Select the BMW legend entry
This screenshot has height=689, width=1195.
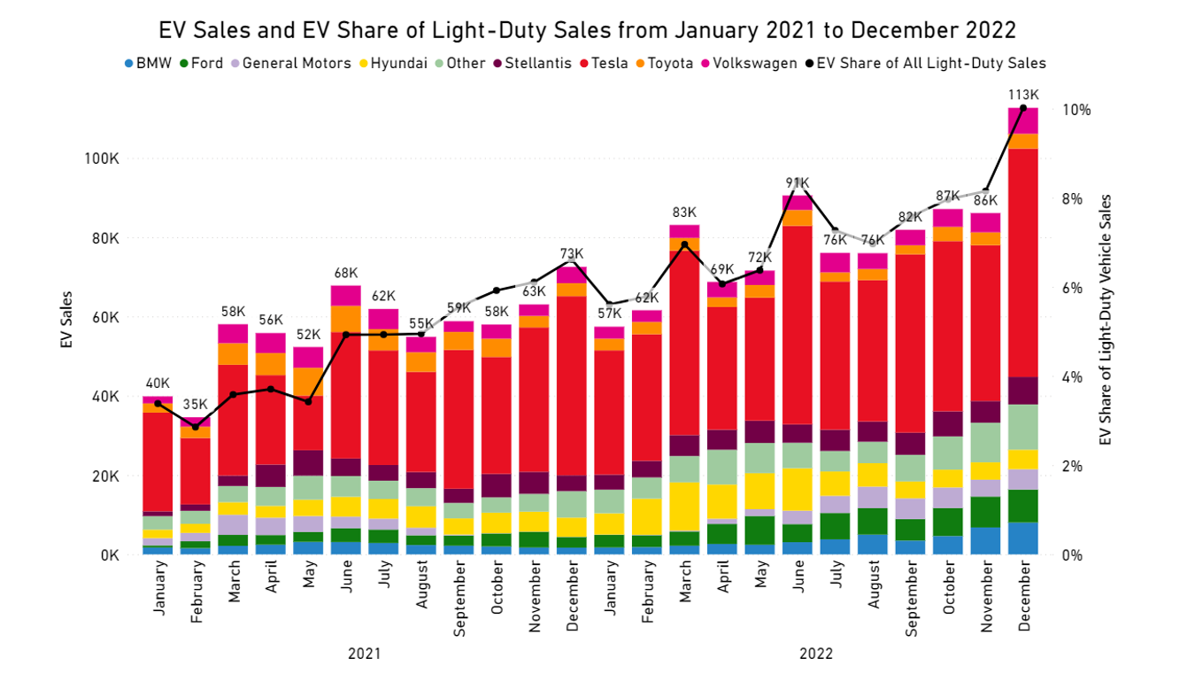(148, 64)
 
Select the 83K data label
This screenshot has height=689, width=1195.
(684, 213)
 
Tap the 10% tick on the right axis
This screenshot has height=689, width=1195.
(1076, 110)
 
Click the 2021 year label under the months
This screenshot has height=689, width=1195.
(364, 654)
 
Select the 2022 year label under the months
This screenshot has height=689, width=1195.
(815, 654)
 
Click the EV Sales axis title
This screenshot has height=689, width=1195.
(67, 320)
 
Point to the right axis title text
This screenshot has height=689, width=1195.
(1104, 320)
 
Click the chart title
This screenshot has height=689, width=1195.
(587, 30)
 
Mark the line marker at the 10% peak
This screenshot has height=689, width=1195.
(1023, 108)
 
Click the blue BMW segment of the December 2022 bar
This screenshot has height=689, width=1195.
(1023, 538)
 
